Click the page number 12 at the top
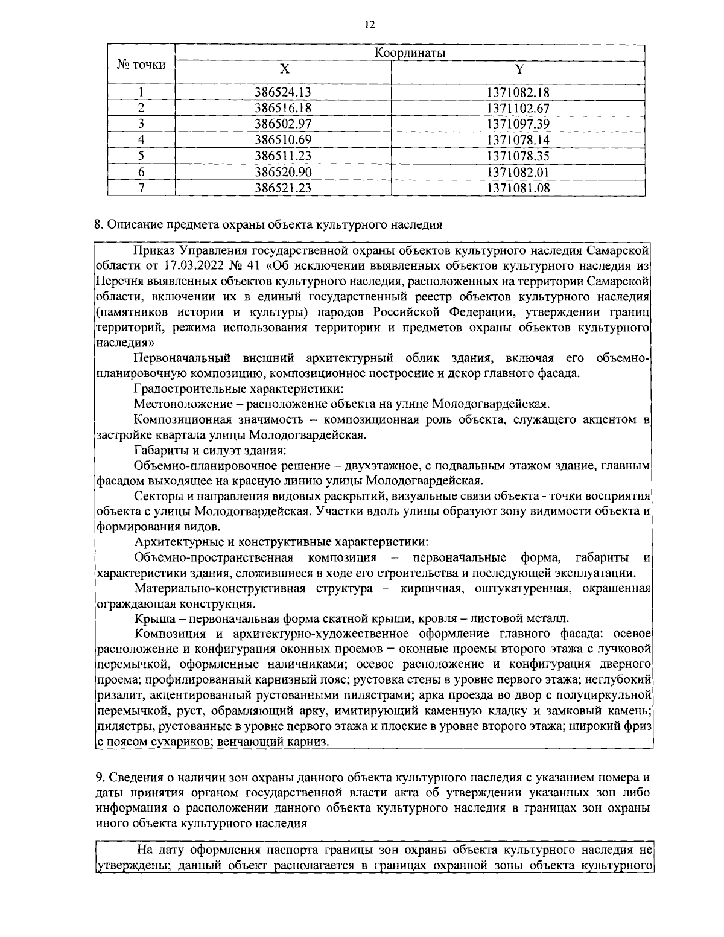coord(370,24)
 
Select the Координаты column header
coord(410,53)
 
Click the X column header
coord(283,69)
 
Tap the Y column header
coord(518,69)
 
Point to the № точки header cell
coord(141,64)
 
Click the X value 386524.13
coord(283,92)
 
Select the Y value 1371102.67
coord(518,109)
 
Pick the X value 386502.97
coord(283,124)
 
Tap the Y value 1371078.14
coord(518,140)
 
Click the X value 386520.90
coord(283,172)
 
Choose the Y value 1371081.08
coord(518,188)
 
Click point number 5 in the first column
coord(141,156)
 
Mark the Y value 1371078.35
coord(518,156)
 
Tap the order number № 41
coord(234,265)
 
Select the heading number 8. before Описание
coord(99,225)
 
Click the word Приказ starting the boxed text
coord(153,250)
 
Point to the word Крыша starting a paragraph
coord(151,618)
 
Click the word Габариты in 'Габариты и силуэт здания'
coord(158,450)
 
